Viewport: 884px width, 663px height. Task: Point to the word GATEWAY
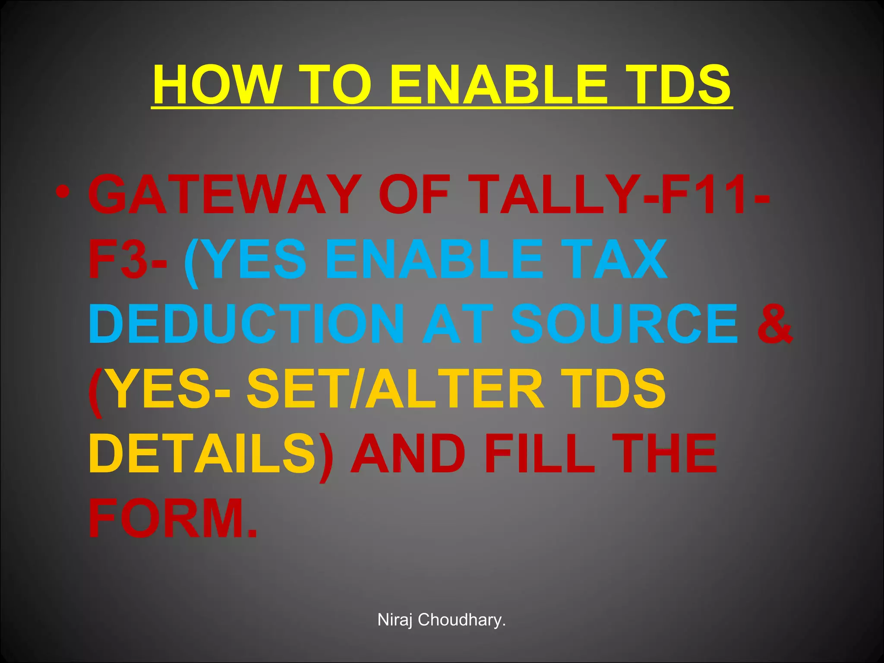[224, 195]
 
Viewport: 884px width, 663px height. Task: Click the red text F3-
[128, 259]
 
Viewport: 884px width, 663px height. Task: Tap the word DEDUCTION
[246, 324]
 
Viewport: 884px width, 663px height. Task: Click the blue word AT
[458, 324]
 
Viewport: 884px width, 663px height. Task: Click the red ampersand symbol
[775, 324]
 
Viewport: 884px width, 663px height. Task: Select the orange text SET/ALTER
[395, 389]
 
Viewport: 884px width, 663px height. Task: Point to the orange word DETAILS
[203, 454]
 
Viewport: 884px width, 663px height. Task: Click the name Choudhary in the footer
[461, 620]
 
